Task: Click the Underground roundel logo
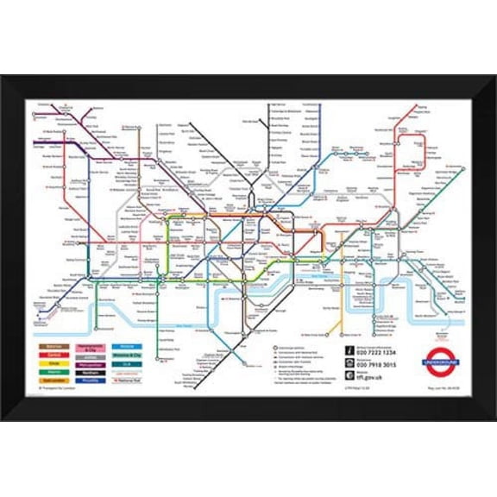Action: (x=441, y=363)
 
